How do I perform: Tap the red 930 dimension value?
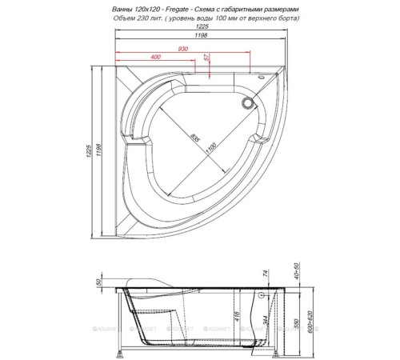pos(184,48)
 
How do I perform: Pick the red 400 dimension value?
pos(155,58)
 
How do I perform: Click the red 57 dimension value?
pos(207,58)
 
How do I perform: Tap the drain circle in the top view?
pos(247,102)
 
